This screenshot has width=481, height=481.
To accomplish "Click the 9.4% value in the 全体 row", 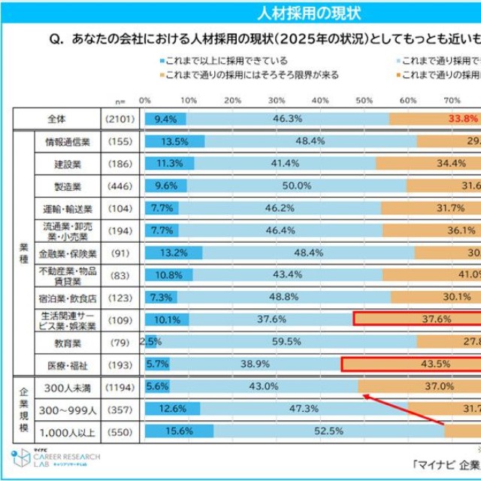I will pos(165,118).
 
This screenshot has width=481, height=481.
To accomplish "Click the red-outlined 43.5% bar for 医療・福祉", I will pos(411,365).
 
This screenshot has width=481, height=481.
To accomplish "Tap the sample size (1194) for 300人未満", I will pos(119,386).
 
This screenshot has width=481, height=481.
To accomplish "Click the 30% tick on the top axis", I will pos(277,99).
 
